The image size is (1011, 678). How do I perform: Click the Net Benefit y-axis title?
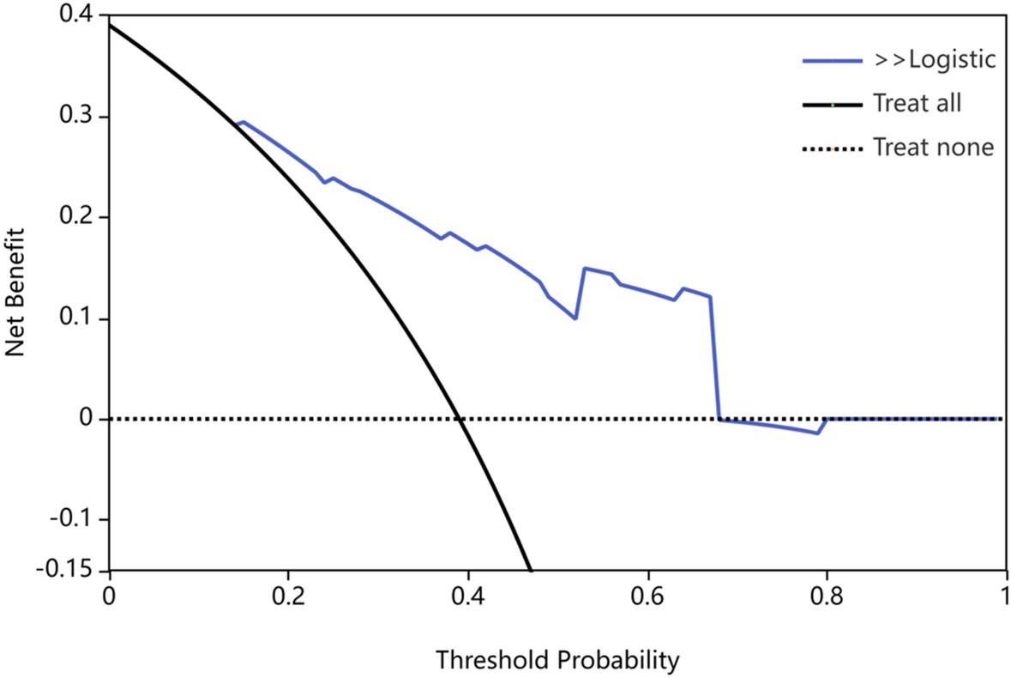point(15,292)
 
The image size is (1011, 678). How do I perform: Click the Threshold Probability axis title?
point(557,660)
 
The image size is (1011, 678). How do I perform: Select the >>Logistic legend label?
point(934,59)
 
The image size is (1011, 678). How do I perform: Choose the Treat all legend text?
point(917,103)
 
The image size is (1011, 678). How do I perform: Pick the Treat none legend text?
point(933,147)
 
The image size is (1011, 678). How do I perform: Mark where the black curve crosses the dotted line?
point(461,419)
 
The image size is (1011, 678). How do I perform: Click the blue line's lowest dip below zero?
point(817,433)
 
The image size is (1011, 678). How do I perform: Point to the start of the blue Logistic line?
point(236,124)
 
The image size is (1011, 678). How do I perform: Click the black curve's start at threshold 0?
point(110,26)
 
